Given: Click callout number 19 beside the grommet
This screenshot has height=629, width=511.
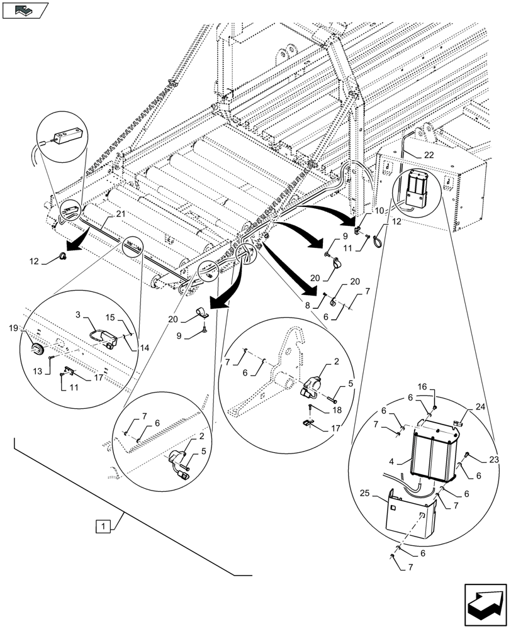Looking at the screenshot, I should coord(14,328).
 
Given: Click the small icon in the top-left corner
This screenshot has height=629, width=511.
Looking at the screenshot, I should coord(25,10).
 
